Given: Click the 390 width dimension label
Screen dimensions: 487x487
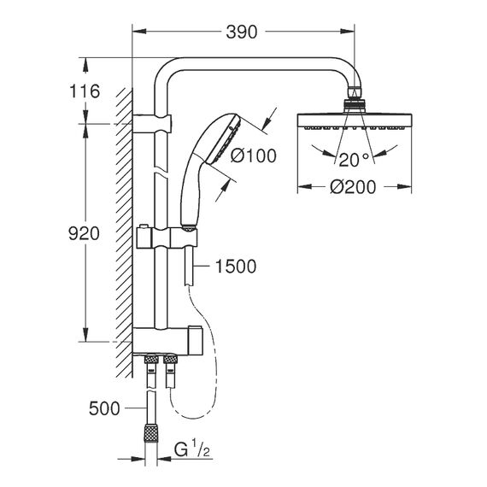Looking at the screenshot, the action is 242,32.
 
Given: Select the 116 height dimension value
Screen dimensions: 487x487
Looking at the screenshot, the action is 85,91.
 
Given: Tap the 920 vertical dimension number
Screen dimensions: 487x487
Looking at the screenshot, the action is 84,233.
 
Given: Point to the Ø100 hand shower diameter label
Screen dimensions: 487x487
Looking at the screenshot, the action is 254,155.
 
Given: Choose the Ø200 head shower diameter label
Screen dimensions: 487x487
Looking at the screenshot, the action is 353,187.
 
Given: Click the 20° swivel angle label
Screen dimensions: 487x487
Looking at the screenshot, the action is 354,161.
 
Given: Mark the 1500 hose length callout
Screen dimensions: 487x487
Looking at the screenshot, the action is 236,267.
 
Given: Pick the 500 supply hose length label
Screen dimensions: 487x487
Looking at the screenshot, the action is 104,408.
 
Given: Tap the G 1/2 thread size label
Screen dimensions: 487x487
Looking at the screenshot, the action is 192,450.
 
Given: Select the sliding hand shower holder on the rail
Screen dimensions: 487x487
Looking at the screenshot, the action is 167,238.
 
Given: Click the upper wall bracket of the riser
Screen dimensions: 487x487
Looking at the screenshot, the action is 152,124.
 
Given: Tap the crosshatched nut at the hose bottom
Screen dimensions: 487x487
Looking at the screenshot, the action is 151,432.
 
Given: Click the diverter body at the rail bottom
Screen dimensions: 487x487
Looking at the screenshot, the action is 167,340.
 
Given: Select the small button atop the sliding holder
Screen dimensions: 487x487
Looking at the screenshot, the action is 144,226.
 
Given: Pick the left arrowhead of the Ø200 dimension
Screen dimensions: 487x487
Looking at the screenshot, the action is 305,186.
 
